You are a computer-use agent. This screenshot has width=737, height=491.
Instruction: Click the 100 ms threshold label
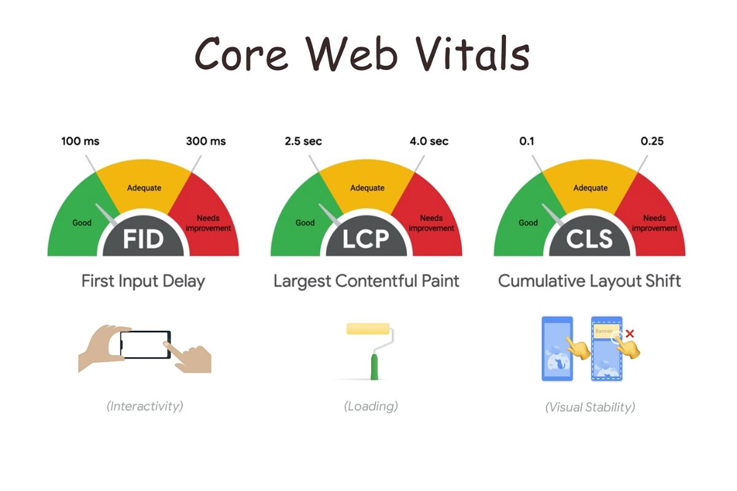pos(80,141)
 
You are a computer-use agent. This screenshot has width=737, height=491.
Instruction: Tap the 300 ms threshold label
pos(206,141)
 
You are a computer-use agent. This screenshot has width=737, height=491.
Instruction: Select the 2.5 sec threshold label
pos(303,141)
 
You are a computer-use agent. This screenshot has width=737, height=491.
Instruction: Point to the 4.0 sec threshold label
pos(429,141)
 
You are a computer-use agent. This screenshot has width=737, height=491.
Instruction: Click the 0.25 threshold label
pos(652,141)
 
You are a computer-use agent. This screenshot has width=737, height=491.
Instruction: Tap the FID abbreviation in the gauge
pos(143,239)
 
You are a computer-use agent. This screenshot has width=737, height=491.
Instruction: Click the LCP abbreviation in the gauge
pos(366,239)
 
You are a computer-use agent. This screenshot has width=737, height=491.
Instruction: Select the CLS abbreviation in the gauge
pos(590,239)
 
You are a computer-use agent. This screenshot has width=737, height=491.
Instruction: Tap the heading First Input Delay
pos(143,282)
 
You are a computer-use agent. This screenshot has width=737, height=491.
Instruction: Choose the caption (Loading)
pos(371,406)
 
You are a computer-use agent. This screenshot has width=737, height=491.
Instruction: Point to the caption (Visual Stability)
pos(590,406)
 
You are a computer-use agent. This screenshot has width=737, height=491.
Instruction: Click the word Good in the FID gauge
pos(82,223)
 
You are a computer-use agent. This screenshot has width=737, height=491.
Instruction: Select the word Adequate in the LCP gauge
pos(367,188)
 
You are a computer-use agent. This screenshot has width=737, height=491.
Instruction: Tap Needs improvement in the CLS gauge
pos(655,223)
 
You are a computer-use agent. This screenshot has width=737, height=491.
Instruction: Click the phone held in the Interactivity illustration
pos(146,344)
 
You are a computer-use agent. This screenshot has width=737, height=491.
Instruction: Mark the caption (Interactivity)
pos(145,406)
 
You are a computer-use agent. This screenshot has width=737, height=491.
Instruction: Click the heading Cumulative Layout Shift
pos(590,282)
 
